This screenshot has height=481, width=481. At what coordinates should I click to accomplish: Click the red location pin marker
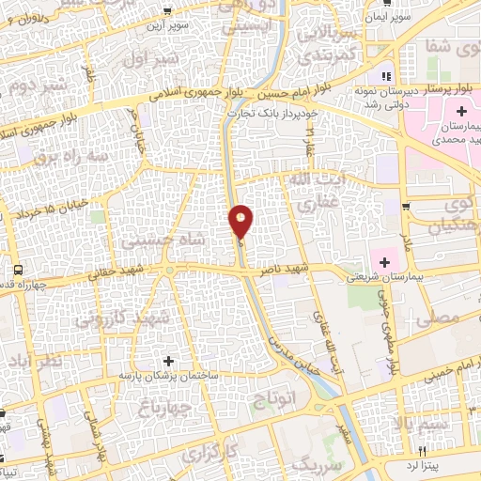tap(241, 222)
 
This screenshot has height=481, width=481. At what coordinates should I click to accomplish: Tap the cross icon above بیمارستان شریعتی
tap(383, 259)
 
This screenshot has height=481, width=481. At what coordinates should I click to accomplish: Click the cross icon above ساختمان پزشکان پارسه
tap(169, 360)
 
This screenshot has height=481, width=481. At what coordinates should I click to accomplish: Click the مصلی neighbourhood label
tap(442, 319)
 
